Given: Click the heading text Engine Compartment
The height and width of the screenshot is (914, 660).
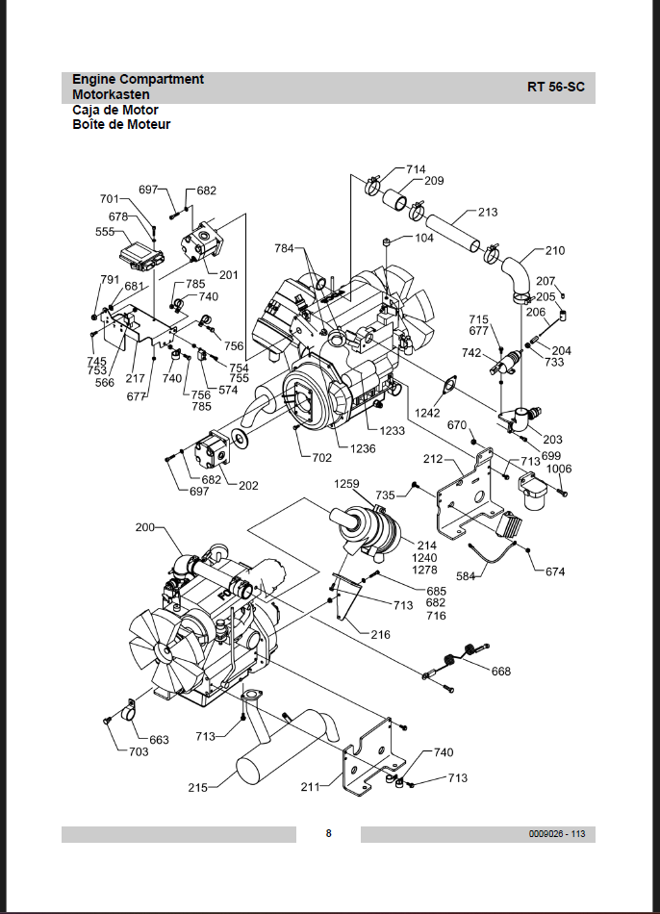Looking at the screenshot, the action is point(139,79).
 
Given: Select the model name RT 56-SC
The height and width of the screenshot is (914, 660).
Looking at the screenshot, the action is point(556,87).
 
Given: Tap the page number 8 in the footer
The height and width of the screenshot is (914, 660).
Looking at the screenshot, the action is point(328,833).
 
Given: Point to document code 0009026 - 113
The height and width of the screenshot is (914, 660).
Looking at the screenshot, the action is point(557,833).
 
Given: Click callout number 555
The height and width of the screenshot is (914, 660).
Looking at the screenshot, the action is point(105,232).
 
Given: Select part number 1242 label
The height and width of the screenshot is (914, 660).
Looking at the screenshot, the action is point(427,413).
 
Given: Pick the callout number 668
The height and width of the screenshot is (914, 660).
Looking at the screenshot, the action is point(501,672).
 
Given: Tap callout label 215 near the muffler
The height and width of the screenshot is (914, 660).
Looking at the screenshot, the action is point(197,788).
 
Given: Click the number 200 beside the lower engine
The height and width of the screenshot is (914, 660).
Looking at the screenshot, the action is point(145,527).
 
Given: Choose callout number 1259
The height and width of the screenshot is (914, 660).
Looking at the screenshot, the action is point(346,484).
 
